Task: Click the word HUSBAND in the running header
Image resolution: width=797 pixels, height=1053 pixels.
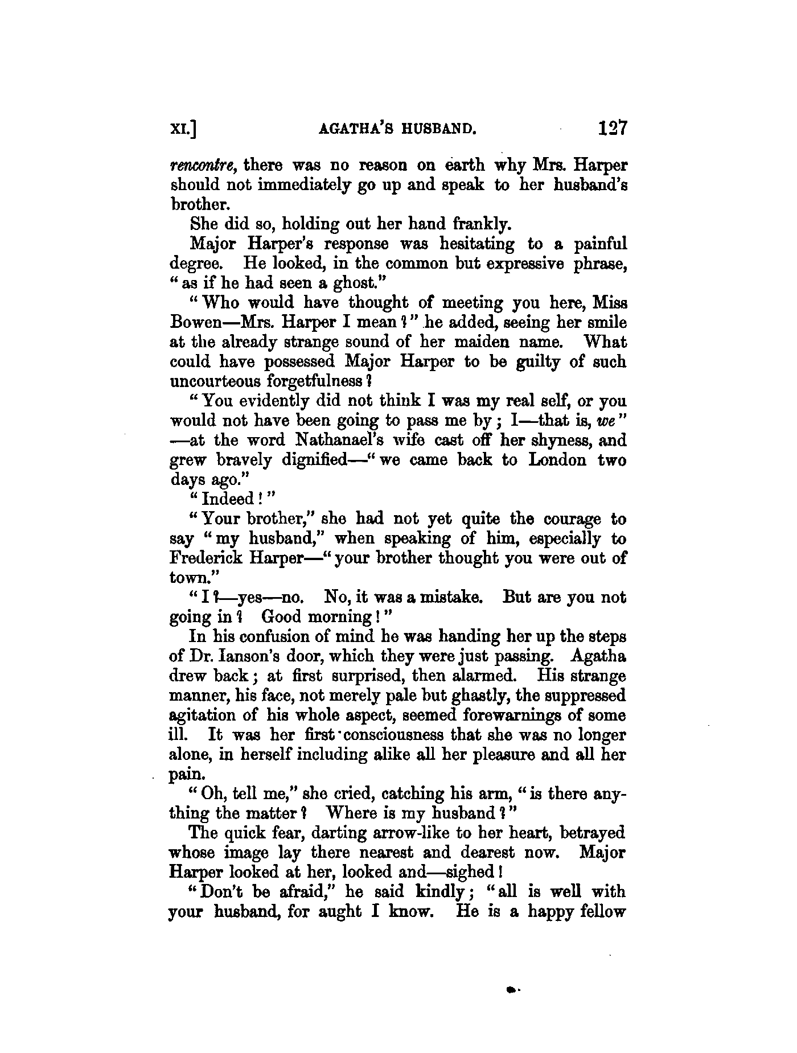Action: pos(438,129)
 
